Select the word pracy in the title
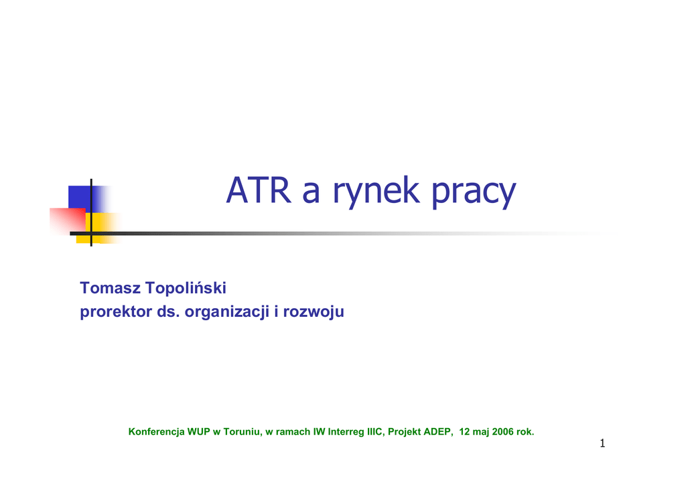tap(474, 192)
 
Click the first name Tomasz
tap(111, 288)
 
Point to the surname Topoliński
tap(186, 288)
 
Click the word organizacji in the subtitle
tap(227, 312)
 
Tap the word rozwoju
tap(314, 312)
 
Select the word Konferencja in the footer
tap(156, 431)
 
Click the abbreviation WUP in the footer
tap(198, 431)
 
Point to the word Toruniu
tap(243, 432)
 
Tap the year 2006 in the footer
tap(502, 431)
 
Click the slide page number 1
tap(602, 443)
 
